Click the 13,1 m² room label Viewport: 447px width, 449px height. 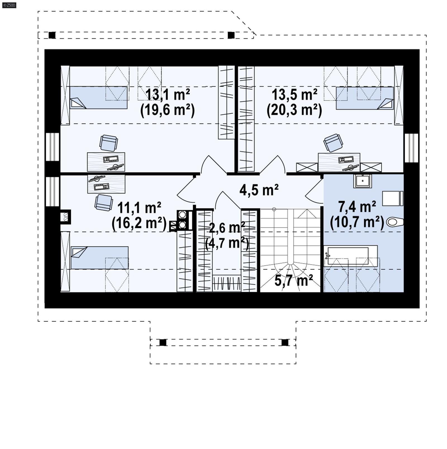coord(168,95)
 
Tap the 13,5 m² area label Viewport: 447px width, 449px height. coord(294,95)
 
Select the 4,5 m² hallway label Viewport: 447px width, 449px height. coord(259,190)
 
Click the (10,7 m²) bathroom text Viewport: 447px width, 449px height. coord(357,223)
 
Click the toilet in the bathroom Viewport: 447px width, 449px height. coord(395,222)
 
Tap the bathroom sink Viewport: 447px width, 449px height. coord(362,181)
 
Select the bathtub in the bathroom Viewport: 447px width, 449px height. coord(350,256)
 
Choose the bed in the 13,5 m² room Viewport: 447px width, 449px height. coord(365,98)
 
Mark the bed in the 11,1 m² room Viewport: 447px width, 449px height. coord(99,258)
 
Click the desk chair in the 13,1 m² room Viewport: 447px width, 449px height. coord(108,143)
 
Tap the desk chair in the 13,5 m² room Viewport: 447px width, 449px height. coord(333,142)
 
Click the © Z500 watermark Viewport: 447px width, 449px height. coord(9,5)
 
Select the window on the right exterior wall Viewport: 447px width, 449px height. coord(412,148)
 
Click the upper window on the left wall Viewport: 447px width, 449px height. coord(52,147)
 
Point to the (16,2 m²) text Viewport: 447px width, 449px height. coord(139,223)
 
